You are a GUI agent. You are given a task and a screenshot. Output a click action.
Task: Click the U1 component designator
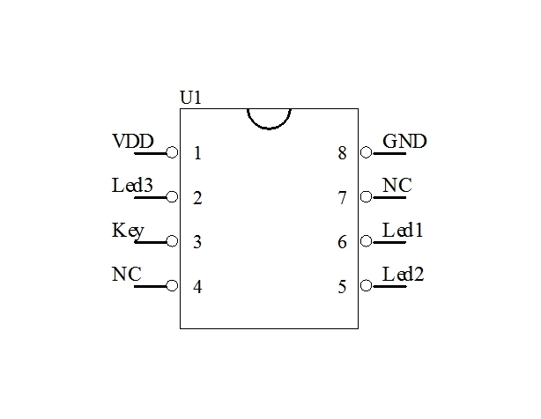[191, 98]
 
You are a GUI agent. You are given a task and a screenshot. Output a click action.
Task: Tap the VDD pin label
[133, 141]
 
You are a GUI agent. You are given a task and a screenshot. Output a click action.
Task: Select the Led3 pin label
[133, 186]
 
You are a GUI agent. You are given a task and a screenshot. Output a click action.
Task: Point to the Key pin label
[128, 231]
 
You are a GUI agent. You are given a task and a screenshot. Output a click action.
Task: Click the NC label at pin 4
[126, 274]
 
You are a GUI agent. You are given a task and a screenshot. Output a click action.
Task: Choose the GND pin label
[404, 141]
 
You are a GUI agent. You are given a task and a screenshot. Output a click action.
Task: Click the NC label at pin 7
[397, 186]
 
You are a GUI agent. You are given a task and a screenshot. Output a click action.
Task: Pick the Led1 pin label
[404, 231]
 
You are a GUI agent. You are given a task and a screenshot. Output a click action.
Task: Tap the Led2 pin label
[404, 274]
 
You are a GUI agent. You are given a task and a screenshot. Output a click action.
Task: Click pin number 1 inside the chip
[197, 153]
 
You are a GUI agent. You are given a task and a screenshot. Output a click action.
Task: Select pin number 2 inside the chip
[197, 198]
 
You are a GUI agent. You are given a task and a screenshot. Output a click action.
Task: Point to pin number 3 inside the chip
[197, 242]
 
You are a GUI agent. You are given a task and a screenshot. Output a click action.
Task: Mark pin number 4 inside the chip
[197, 286]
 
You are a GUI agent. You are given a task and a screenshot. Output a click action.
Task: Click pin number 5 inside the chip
[342, 286]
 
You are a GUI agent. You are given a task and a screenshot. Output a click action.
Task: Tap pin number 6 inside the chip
[342, 242]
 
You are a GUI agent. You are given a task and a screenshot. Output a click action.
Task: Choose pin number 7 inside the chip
[342, 198]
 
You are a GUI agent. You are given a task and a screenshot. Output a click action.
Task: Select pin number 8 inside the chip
[342, 153]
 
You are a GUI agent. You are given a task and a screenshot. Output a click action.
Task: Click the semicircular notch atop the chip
[269, 116]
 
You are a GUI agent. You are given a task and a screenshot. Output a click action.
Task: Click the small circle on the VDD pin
[173, 153]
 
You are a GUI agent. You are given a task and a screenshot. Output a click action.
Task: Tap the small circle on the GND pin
[366, 153]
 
